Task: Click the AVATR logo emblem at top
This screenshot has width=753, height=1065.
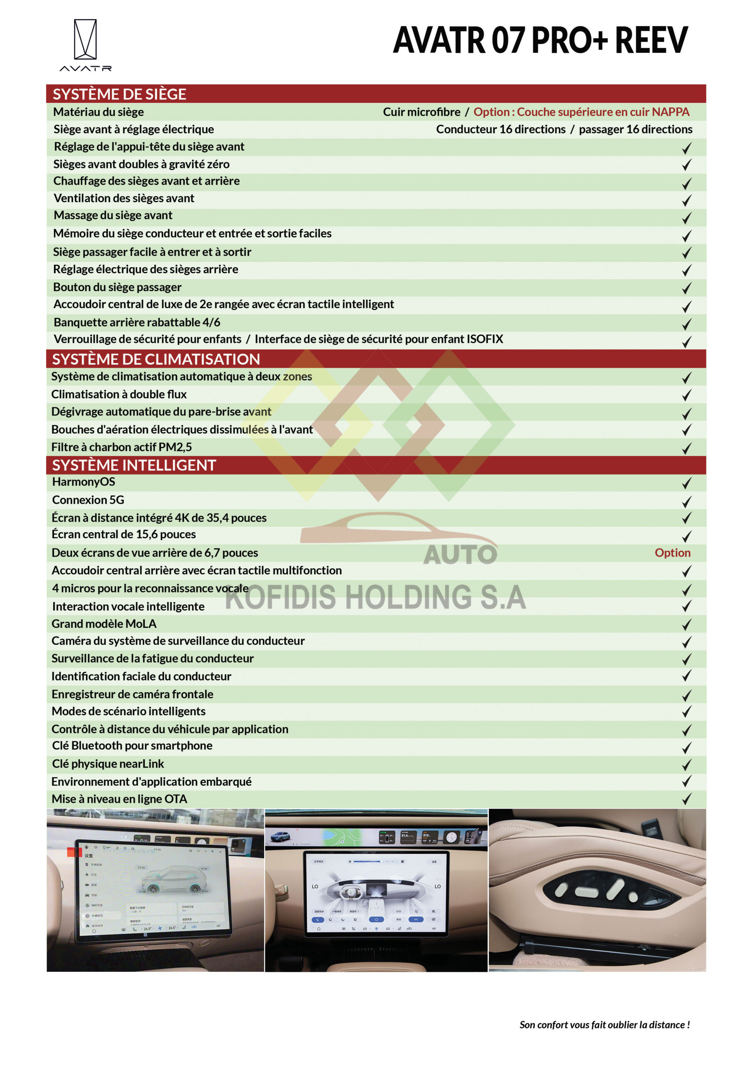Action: [85, 40]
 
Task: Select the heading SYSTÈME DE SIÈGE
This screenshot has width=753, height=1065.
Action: [119, 94]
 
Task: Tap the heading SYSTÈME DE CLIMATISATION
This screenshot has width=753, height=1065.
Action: [156, 359]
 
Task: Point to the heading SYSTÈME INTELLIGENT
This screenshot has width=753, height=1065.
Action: [134, 465]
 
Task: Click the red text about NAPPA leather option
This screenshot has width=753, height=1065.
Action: [581, 112]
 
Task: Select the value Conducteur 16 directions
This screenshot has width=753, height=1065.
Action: [500, 129]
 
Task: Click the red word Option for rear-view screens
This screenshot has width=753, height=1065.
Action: [672, 552]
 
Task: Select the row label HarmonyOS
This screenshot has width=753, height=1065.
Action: [84, 482]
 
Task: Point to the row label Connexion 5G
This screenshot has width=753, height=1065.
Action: [88, 500]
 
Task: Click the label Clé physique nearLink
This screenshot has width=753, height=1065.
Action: [108, 763]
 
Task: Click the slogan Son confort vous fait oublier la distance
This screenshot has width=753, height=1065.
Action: [604, 1025]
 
